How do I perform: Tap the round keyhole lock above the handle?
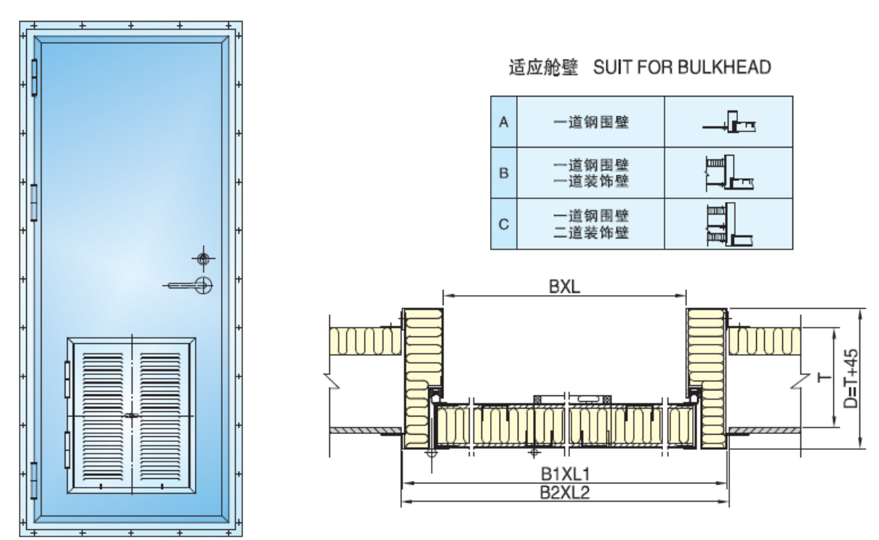(x=204, y=259)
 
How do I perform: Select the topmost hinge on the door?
(x=33, y=77)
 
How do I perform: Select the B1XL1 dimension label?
(x=564, y=473)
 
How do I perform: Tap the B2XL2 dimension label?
(x=564, y=492)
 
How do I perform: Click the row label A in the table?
(x=503, y=122)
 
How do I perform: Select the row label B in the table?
(x=503, y=173)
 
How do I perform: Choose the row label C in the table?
(x=503, y=224)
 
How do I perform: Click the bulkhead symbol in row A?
(x=729, y=124)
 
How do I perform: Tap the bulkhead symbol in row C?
(x=729, y=224)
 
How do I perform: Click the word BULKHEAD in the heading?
(x=724, y=68)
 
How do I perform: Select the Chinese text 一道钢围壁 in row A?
(x=590, y=122)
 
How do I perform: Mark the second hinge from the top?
(x=33, y=202)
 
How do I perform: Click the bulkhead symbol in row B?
(x=729, y=173)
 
